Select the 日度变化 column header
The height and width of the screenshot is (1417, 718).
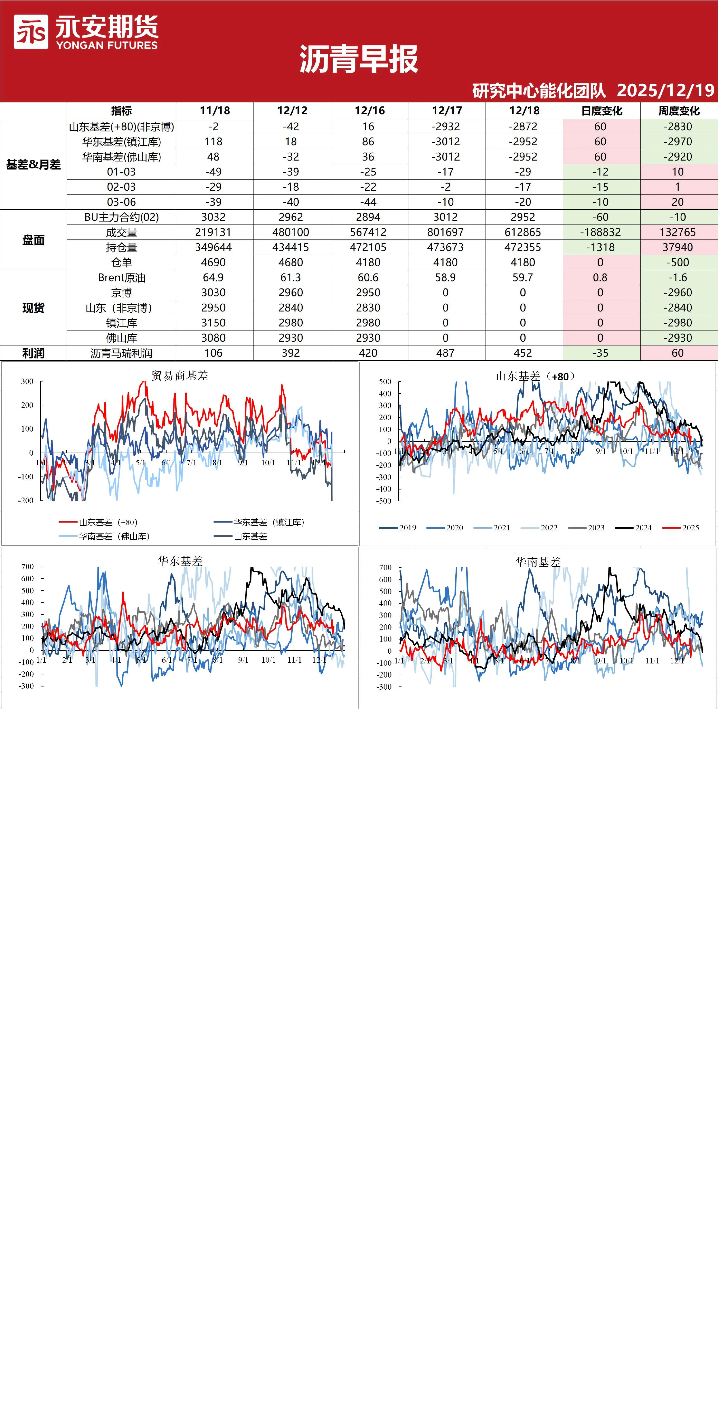602,110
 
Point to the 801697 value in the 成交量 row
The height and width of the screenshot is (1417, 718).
445,232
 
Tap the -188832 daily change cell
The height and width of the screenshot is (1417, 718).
600,232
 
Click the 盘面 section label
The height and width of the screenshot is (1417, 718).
33,240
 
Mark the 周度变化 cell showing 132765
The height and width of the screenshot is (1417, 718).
678,232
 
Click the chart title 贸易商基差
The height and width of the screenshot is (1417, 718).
180,376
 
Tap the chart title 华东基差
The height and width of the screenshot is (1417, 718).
180,561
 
